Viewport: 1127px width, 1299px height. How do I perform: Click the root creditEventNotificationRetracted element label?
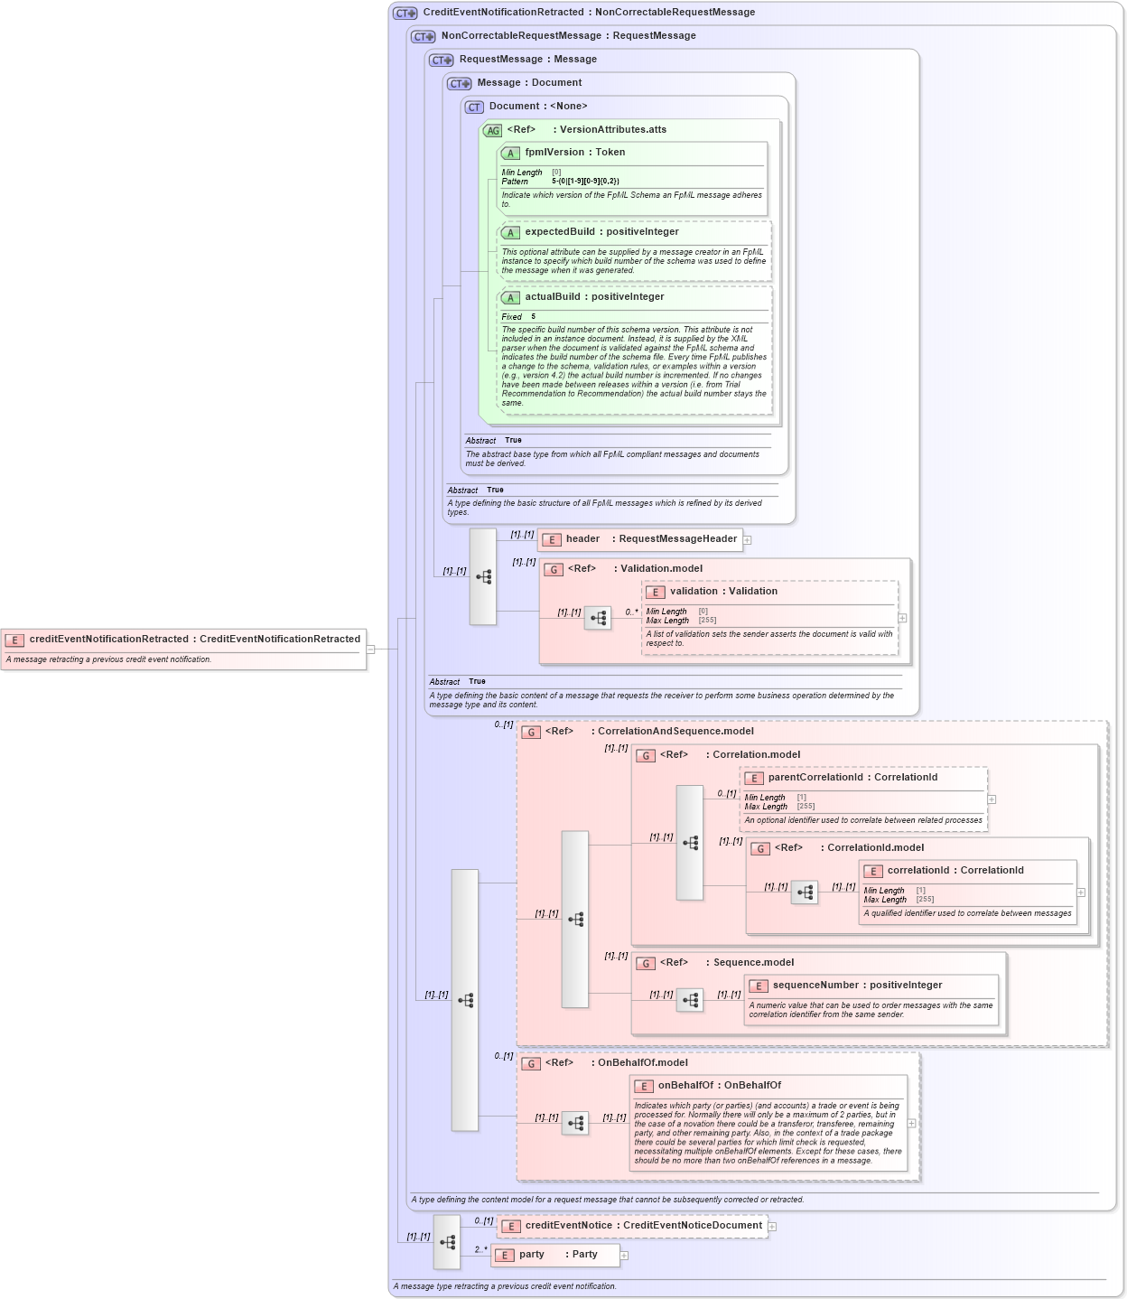click(x=194, y=640)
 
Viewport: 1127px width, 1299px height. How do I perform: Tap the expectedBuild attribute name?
click(x=601, y=232)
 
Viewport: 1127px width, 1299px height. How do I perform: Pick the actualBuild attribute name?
click(x=594, y=297)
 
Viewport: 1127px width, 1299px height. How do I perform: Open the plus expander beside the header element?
click(x=748, y=540)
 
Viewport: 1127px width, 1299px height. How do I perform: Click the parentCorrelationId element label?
click(x=852, y=778)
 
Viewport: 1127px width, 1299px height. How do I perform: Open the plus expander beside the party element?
click(x=624, y=1256)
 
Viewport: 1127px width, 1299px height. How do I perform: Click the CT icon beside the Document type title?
click(x=474, y=107)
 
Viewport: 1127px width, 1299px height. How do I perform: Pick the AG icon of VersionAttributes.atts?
click(x=492, y=131)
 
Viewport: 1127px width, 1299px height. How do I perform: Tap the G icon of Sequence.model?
click(x=646, y=964)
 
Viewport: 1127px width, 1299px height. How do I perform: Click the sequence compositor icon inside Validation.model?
click(x=598, y=618)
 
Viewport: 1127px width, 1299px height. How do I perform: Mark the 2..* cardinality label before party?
click(x=480, y=1250)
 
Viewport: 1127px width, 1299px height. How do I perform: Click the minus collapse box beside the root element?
click(x=370, y=649)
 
